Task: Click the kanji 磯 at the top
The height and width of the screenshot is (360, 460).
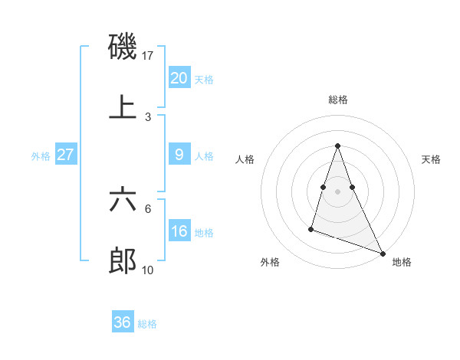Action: pyautogui.click(x=123, y=47)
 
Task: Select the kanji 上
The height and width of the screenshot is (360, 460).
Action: pyautogui.click(x=123, y=108)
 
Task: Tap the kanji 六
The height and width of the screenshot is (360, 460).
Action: pyautogui.click(x=123, y=200)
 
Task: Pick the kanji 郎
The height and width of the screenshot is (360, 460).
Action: pyautogui.click(x=123, y=261)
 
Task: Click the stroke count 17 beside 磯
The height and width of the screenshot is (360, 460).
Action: pyautogui.click(x=149, y=55)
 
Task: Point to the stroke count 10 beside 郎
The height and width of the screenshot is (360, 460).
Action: pyautogui.click(x=149, y=270)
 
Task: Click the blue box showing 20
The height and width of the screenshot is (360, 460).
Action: pyautogui.click(x=179, y=78)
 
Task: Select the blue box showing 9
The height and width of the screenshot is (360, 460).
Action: pyautogui.click(x=179, y=155)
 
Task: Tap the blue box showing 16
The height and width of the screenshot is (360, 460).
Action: pyautogui.click(x=179, y=231)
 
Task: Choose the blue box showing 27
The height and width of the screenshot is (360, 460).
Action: pyautogui.click(x=65, y=155)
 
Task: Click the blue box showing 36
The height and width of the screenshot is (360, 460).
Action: pyautogui.click(x=122, y=322)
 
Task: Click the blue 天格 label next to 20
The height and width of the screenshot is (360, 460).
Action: pyautogui.click(x=204, y=79)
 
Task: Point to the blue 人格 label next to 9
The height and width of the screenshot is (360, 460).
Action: pyautogui.click(x=204, y=155)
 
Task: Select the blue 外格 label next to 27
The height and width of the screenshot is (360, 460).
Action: pyautogui.click(x=41, y=155)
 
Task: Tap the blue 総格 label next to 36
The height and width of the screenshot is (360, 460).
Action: pyautogui.click(x=147, y=323)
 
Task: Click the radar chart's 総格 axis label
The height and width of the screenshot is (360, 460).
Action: pyautogui.click(x=338, y=100)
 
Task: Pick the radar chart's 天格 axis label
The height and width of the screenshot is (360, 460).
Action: pyautogui.click(x=432, y=159)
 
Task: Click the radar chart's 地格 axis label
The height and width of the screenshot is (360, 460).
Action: pyautogui.click(x=402, y=262)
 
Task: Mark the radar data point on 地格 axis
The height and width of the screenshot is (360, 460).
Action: pyautogui.click(x=382, y=253)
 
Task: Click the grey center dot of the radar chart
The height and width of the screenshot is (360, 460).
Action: pyautogui.click(x=338, y=190)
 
